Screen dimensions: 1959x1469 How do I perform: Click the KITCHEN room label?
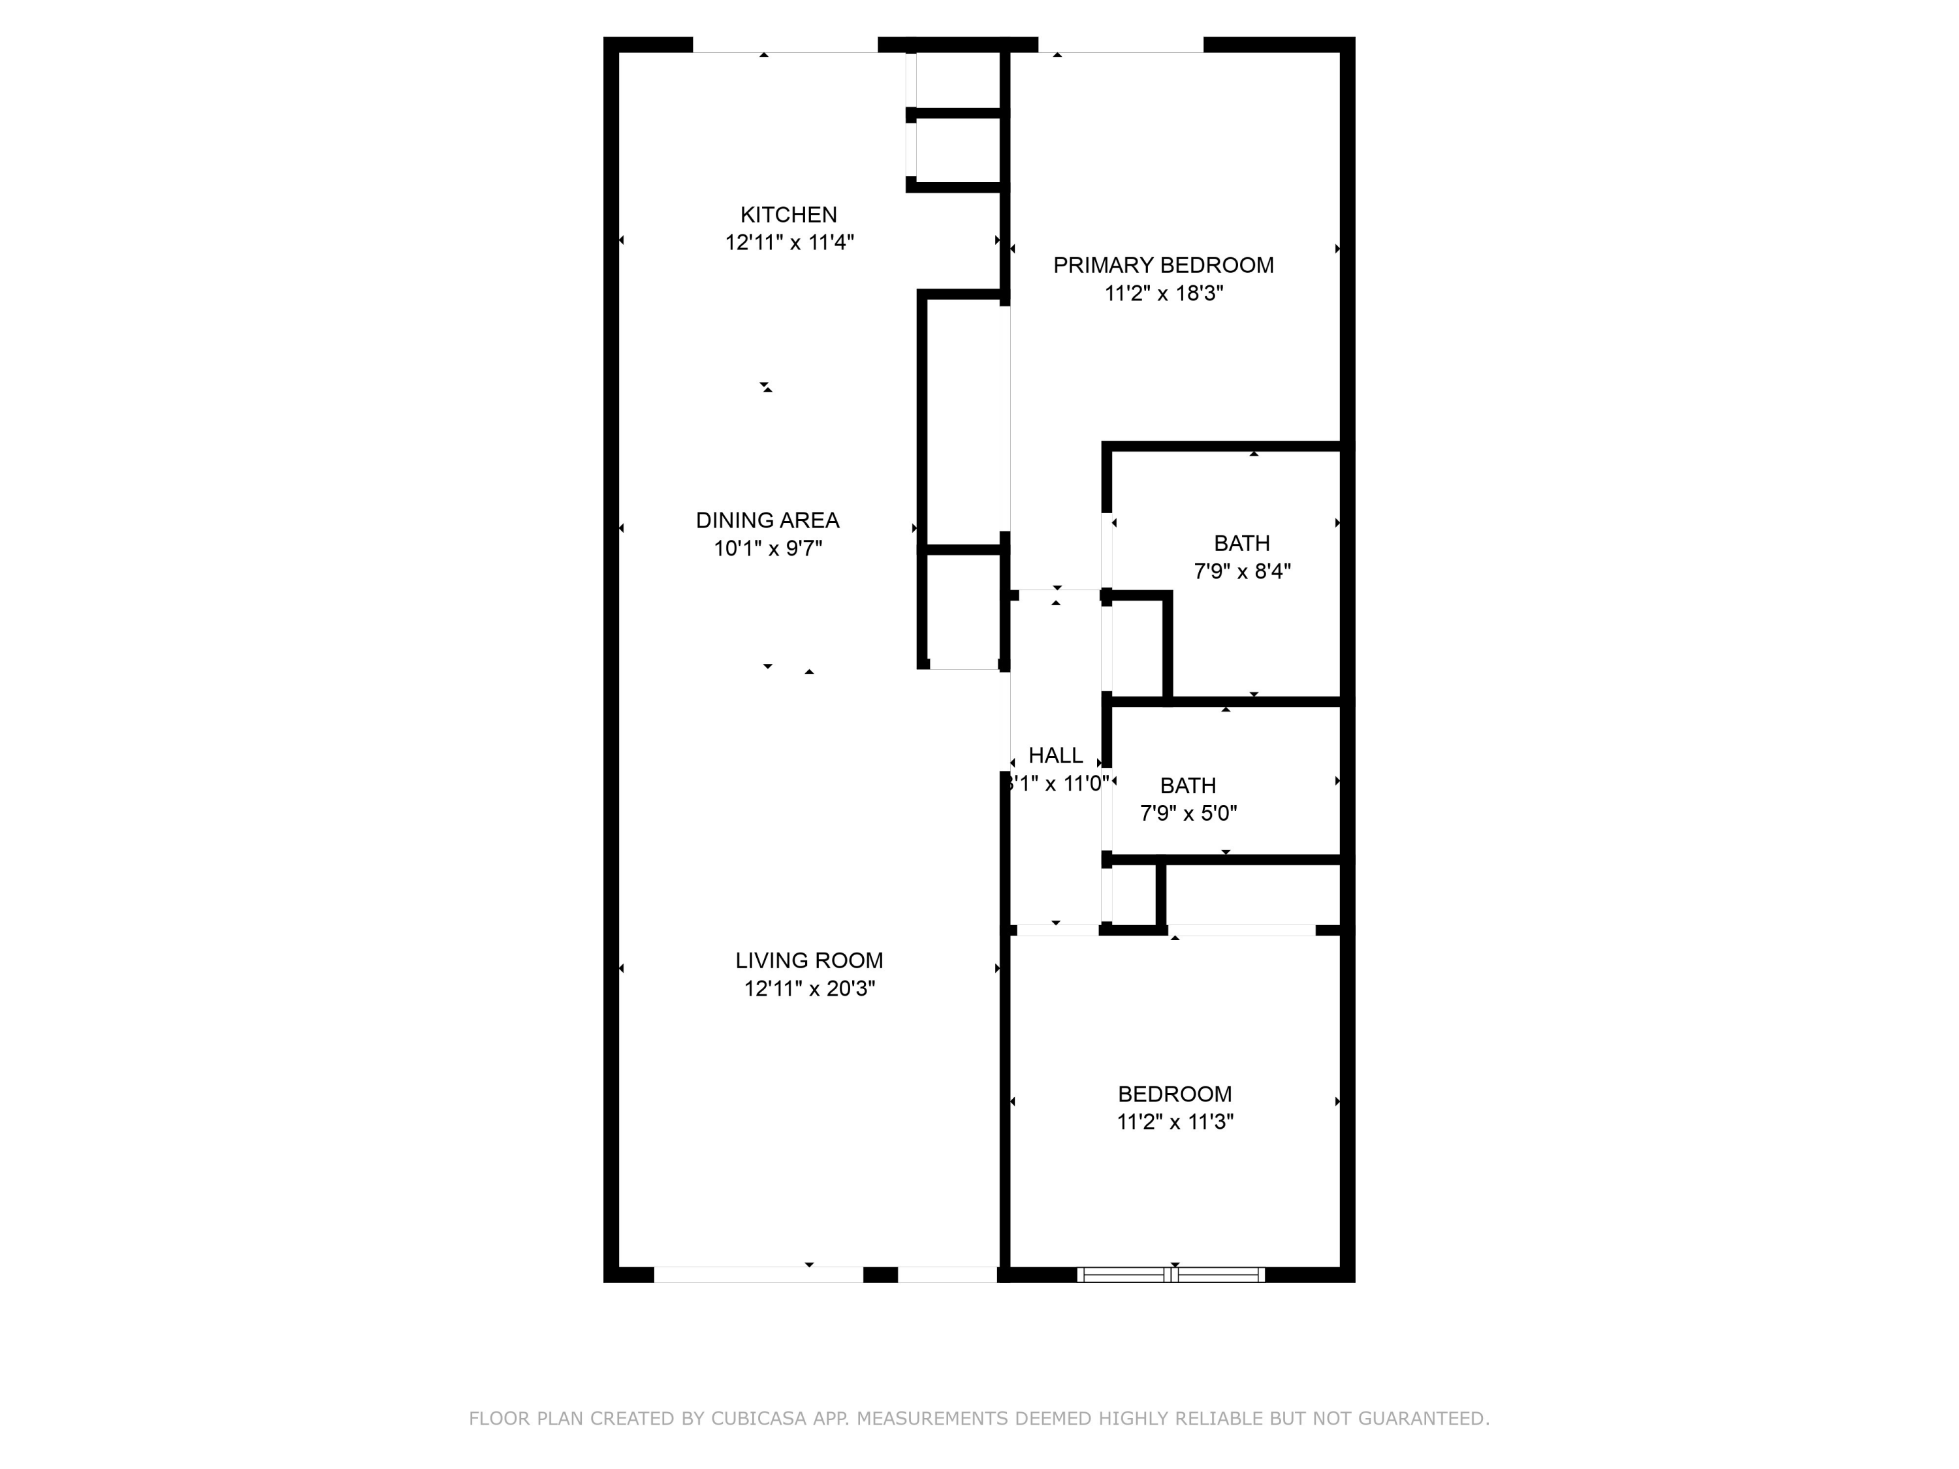coord(788,214)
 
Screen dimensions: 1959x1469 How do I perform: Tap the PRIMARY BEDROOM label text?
coord(1163,265)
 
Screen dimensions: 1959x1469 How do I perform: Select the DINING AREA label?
coord(767,520)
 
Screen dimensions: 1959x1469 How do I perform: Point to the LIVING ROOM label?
coord(808,960)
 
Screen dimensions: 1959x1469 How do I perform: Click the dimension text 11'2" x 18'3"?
coord(1164,293)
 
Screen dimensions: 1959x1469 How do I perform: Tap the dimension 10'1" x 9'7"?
coord(768,548)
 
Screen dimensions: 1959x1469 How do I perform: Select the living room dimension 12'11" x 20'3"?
coord(810,988)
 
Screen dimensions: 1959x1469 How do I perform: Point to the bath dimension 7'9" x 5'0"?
coord(1188,813)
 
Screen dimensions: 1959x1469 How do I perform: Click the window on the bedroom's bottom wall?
coord(1170,1274)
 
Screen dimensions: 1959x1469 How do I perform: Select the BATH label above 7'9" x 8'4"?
coord(1241,543)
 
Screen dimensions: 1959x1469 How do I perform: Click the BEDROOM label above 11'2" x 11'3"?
coord(1174,1094)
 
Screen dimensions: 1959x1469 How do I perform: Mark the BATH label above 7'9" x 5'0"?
coord(1188,785)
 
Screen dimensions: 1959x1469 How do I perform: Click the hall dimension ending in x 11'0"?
coord(1057,783)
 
